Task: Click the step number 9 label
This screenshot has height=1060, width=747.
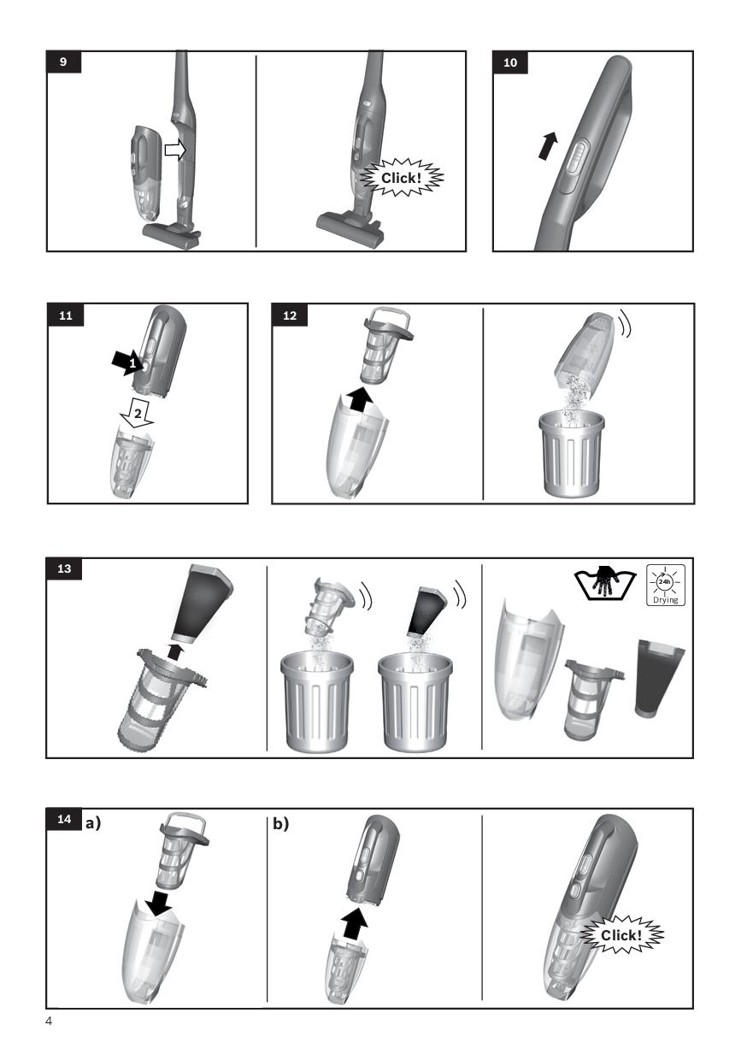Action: [x=64, y=62]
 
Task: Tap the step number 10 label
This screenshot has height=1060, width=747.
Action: [x=510, y=62]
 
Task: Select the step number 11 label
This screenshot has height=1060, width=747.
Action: [x=66, y=315]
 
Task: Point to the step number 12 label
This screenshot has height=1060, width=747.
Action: [x=290, y=315]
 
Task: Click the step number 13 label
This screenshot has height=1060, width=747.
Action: [x=64, y=568]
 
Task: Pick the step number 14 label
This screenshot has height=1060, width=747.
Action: [x=64, y=819]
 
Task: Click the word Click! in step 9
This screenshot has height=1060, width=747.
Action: [x=401, y=178]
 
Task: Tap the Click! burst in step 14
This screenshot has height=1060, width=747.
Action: [x=621, y=935]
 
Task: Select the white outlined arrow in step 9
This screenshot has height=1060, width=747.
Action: [x=175, y=150]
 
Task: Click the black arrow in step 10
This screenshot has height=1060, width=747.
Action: [x=549, y=145]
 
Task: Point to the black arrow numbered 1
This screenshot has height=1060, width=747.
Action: [x=126, y=362]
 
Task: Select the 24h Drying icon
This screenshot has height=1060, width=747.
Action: [x=665, y=586]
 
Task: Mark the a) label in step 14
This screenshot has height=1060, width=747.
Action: [x=93, y=824]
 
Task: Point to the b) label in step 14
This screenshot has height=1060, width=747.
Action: [x=280, y=824]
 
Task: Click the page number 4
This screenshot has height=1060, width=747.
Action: [x=49, y=1022]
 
